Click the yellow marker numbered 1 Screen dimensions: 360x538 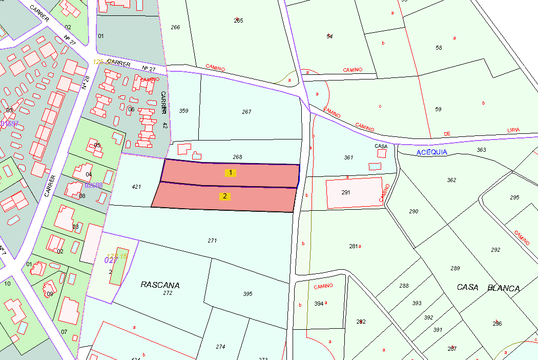click(231, 173)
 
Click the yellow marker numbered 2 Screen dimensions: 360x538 click(224, 196)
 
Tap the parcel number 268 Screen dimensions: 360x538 click(237, 157)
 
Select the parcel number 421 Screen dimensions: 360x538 click(136, 187)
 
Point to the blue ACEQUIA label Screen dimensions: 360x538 click(431, 152)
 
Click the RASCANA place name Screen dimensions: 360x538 click(160, 285)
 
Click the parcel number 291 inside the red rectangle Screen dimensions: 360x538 click(346, 192)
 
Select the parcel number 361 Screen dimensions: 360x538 click(348, 157)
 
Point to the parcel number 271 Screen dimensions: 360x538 click(212, 241)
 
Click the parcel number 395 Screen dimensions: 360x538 click(248, 294)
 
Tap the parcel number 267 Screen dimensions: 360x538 click(246, 112)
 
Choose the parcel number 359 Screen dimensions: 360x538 click(183, 111)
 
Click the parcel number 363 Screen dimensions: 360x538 click(481, 150)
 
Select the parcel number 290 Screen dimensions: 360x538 click(413, 211)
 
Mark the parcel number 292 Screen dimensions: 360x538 click(495, 250)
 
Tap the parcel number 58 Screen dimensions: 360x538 click(439, 48)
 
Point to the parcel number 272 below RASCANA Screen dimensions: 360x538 click(168, 293)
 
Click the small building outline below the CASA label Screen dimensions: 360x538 click(375, 166)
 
